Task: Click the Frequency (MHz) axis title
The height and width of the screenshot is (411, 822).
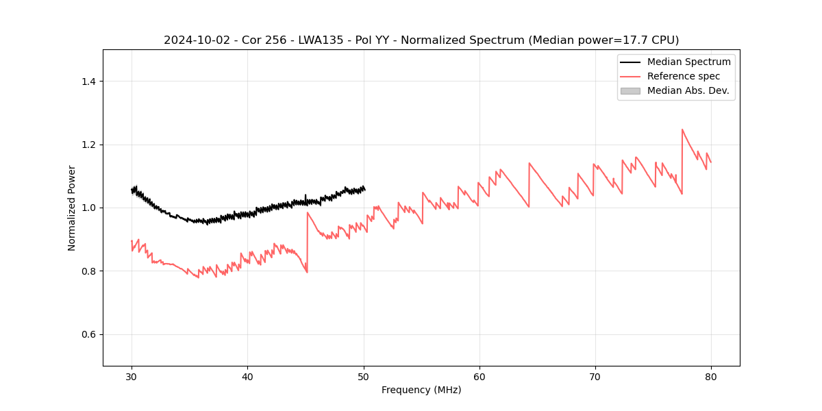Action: [x=421, y=390]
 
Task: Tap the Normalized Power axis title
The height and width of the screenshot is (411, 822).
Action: [x=72, y=208]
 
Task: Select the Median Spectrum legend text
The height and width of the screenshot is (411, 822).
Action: [x=688, y=62]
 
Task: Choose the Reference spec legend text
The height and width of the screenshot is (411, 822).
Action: [x=683, y=76]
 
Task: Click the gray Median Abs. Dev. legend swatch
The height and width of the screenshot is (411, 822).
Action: [x=630, y=90]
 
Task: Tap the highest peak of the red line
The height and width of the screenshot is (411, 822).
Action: [x=682, y=129]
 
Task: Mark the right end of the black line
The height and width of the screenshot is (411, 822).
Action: [x=364, y=189]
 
